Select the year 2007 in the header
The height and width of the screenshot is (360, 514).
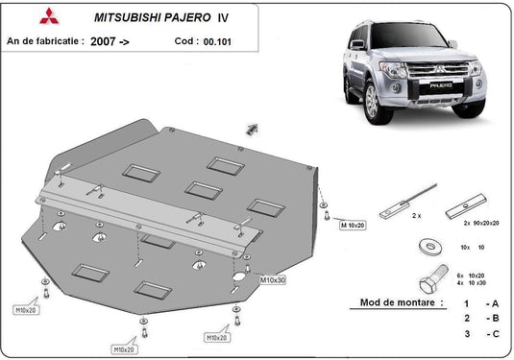click(106, 42)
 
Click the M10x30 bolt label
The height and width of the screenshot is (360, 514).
click(272, 279)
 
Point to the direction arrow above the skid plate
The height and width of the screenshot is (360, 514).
click(253, 129)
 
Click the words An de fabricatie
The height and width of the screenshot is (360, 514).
click(43, 42)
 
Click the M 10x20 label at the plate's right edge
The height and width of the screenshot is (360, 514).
click(352, 224)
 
